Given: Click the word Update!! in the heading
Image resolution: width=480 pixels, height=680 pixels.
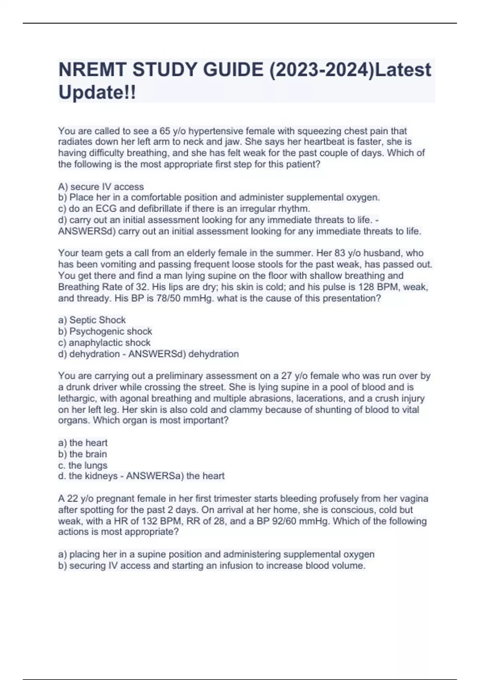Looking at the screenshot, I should (x=97, y=92).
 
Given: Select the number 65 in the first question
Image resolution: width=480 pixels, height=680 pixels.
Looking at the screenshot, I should (x=165, y=131).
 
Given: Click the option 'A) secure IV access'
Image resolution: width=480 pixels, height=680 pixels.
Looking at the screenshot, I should (x=101, y=187).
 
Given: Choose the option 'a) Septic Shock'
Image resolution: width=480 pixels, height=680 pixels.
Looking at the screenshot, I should (x=92, y=320).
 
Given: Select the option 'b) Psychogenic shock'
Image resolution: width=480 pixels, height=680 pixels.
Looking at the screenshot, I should (x=105, y=331).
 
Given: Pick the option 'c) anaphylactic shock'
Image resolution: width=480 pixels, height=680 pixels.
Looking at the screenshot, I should (x=104, y=343).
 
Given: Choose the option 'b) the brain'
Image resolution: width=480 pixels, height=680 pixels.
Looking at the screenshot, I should (x=82, y=454).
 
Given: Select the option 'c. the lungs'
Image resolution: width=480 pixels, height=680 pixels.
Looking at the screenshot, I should (x=82, y=466).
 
